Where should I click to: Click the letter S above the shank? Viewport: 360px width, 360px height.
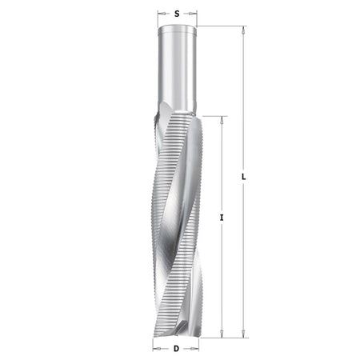[x=177, y=14]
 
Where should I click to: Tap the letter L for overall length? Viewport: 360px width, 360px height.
[x=243, y=177]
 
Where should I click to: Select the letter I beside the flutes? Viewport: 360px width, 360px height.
[x=222, y=218]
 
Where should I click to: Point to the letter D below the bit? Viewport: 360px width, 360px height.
[x=176, y=349]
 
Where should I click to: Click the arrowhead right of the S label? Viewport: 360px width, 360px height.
[x=193, y=14]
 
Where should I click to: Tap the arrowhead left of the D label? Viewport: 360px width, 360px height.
[x=157, y=349]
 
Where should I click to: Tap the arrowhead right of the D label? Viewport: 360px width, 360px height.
[x=194, y=349]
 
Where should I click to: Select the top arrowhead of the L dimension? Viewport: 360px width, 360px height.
[x=243, y=30]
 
